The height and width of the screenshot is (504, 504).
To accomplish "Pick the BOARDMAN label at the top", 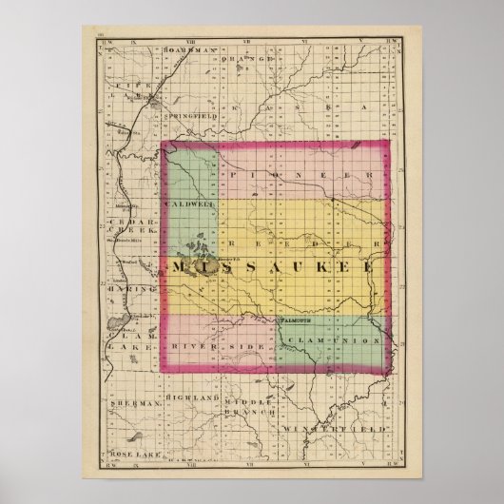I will pyautogui.click(x=185, y=48).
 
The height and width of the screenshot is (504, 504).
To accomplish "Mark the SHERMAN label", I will pyautogui.click(x=131, y=403).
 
